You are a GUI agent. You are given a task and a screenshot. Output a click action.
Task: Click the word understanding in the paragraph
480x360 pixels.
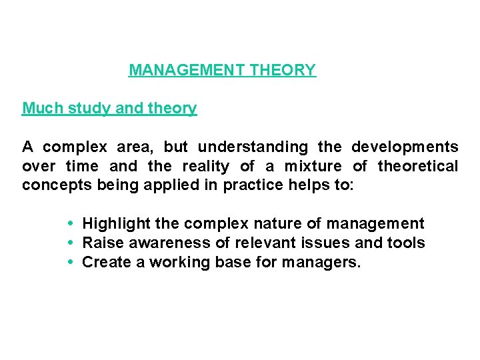coord(253,147)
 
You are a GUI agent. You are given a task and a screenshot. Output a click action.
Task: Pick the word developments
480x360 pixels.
coord(405,147)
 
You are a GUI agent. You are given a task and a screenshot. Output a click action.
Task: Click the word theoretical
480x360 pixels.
coord(418,166)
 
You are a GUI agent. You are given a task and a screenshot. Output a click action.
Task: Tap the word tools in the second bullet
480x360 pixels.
coord(406,243)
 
